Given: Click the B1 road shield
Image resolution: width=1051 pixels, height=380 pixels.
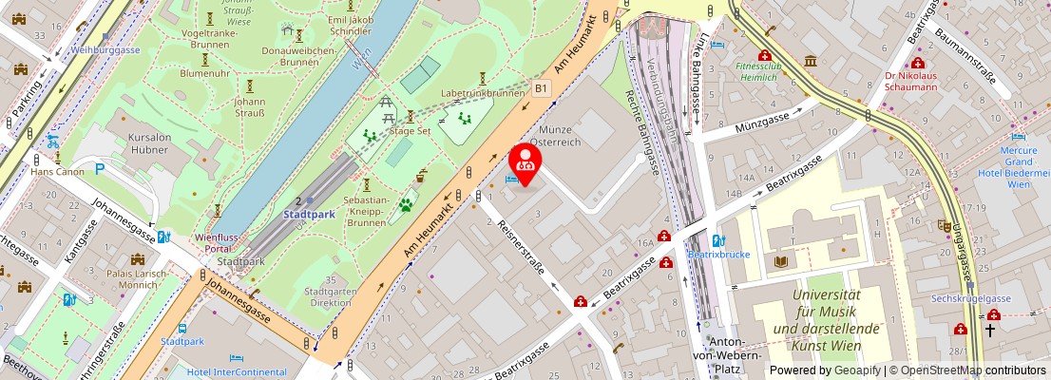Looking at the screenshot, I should [x=541, y=88].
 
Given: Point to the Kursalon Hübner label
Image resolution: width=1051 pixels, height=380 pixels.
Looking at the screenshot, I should [x=149, y=143].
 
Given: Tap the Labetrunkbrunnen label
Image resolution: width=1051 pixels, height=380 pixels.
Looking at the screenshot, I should [x=483, y=94].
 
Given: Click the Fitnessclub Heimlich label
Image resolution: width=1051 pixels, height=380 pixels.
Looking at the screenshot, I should [x=756, y=72].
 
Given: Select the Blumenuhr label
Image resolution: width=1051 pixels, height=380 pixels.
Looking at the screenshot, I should [x=204, y=72].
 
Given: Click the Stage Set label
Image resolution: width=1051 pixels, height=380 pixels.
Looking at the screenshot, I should [x=411, y=131].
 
